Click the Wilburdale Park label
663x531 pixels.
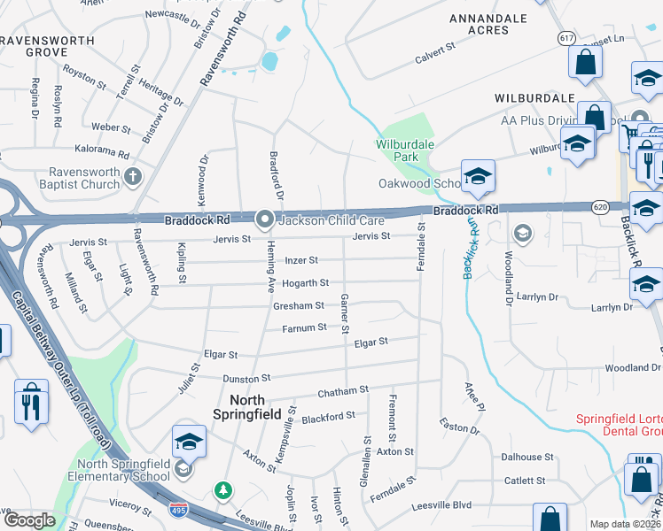[x=405, y=150]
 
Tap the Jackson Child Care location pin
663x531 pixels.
[x=264, y=219]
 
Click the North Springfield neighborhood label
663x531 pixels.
[x=248, y=407]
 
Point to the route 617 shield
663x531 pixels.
[x=567, y=38]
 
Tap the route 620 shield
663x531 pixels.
[x=599, y=206]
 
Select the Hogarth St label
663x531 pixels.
[x=305, y=283]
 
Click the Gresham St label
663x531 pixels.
[x=298, y=306]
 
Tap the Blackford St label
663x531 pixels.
[x=328, y=415]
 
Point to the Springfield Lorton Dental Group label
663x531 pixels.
[x=619, y=425]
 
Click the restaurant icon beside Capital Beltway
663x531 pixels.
[x=31, y=404]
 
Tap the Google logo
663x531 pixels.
[x=29, y=520]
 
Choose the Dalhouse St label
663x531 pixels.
[x=526, y=458]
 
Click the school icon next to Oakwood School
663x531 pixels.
[x=477, y=176]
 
